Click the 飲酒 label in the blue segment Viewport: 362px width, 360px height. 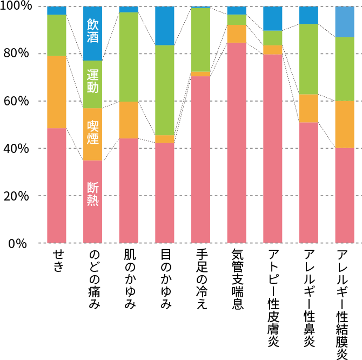click(93, 30)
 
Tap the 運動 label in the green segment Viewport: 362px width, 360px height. click(93, 81)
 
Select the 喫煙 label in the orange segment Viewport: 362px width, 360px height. click(93, 132)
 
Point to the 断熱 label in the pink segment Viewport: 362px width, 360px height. click(93, 194)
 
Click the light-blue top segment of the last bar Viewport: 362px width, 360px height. click(345, 22)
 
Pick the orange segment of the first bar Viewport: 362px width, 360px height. click(57, 92)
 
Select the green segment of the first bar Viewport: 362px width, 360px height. click(57, 35)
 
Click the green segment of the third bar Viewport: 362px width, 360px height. click(129, 57)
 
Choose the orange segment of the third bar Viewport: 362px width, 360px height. click(129, 119)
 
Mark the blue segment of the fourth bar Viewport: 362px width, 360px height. click(165, 25)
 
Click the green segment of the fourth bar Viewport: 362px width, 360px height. click(165, 90)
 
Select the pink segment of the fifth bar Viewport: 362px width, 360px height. click(200, 159)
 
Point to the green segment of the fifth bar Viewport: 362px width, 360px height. click(200, 39)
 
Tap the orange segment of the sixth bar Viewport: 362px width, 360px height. click(237, 34)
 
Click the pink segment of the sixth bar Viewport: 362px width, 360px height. click(237, 143)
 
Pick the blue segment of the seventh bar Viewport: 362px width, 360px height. click(273, 18)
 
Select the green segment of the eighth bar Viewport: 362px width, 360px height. click(309, 59)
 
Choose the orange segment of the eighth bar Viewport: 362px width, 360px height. click(309, 108)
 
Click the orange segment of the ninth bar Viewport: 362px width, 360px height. click(345, 124)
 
